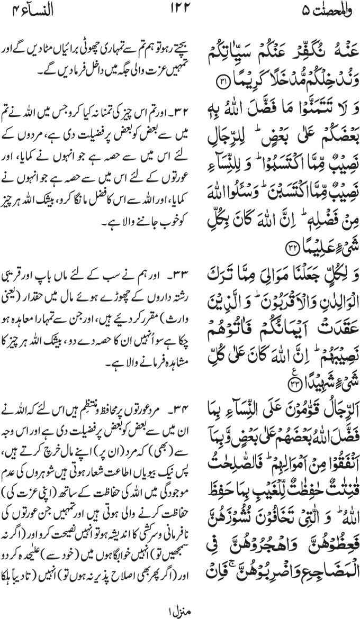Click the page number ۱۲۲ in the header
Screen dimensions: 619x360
(x=179, y=10)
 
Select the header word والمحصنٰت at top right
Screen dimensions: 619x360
(x=320, y=10)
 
